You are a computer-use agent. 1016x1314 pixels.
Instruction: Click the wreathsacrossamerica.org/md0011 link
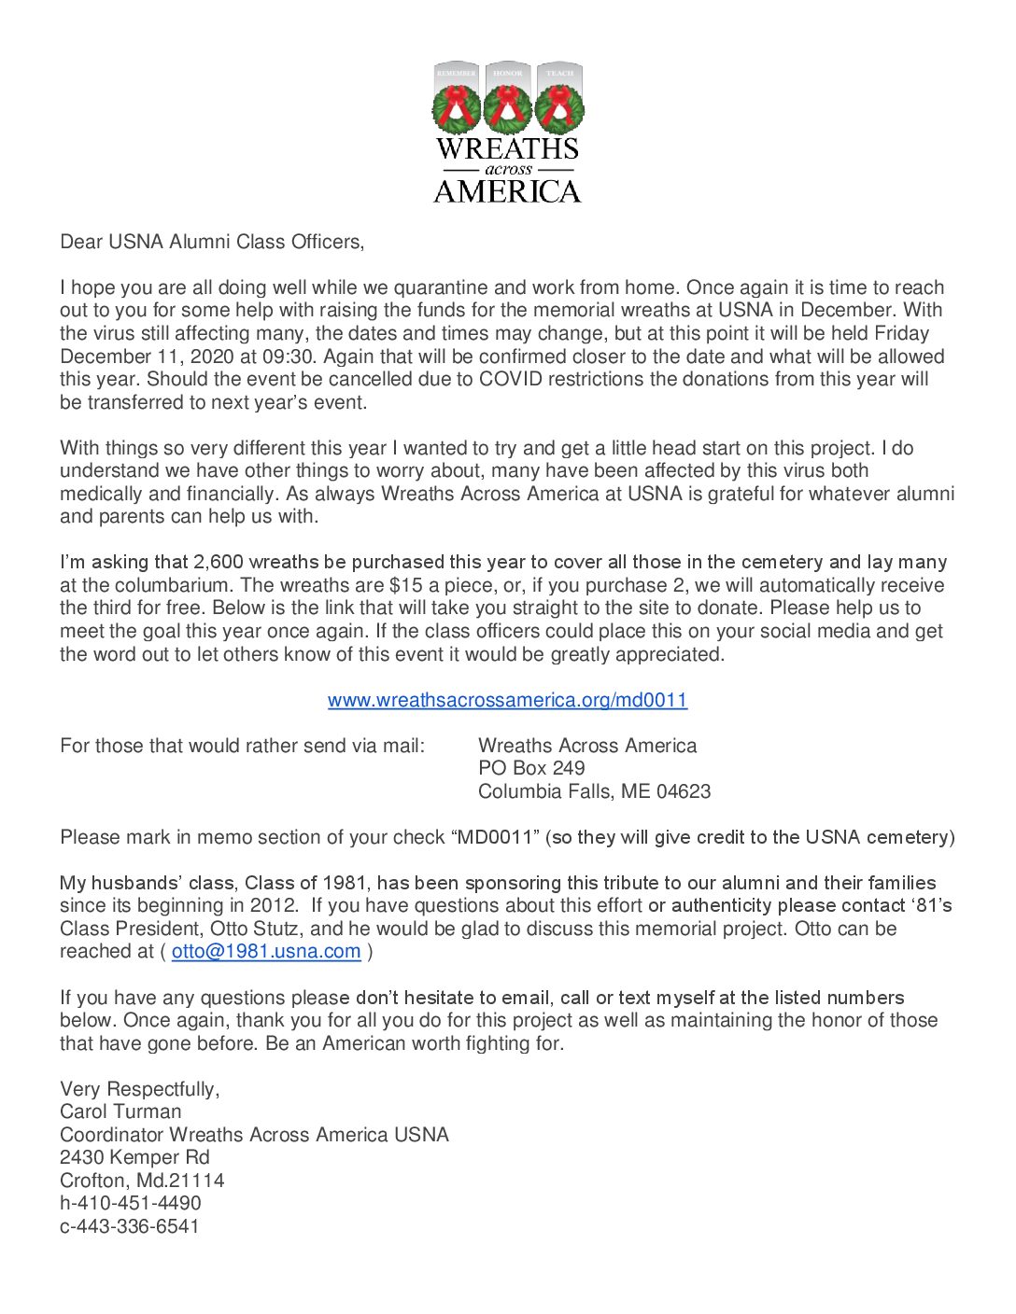[507, 700]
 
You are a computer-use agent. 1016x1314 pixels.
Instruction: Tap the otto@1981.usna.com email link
[266, 951]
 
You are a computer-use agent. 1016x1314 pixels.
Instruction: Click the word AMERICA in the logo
[507, 191]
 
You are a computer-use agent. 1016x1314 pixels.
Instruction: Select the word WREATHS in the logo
[507, 148]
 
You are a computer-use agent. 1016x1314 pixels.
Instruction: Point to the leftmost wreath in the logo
[457, 108]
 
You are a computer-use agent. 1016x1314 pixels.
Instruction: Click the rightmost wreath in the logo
[559, 108]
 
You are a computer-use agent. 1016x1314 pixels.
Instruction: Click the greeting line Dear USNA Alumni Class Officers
[212, 242]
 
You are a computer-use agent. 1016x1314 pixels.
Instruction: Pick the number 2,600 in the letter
[219, 562]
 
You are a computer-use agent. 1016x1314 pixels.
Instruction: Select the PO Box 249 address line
[531, 768]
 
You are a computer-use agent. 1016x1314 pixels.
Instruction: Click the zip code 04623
[684, 791]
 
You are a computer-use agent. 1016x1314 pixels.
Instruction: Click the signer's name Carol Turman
[120, 1111]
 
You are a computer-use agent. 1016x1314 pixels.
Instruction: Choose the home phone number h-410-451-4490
[131, 1203]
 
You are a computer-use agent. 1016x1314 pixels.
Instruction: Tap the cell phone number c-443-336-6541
[130, 1226]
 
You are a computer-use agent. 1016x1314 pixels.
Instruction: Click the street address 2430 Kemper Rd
[134, 1157]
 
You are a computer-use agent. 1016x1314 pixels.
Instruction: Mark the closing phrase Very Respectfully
[139, 1089]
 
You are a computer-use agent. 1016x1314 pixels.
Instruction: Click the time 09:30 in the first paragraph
[291, 356]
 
